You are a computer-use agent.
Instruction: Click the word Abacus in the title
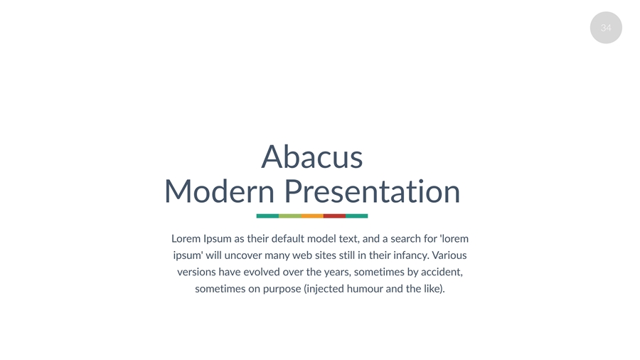click(312, 157)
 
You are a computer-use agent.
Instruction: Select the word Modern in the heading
click(219, 191)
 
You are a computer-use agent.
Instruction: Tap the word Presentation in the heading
click(372, 191)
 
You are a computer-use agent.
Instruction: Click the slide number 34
click(606, 28)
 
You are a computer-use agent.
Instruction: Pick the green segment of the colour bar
click(290, 216)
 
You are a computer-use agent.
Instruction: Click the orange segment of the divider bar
click(312, 216)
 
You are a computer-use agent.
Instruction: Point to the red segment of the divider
click(334, 216)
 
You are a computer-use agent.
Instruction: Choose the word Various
click(449, 255)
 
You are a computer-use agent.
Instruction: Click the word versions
click(196, 272)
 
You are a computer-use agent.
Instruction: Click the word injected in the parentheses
click(325, 289)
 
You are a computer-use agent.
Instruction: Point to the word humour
click(365, 289)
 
